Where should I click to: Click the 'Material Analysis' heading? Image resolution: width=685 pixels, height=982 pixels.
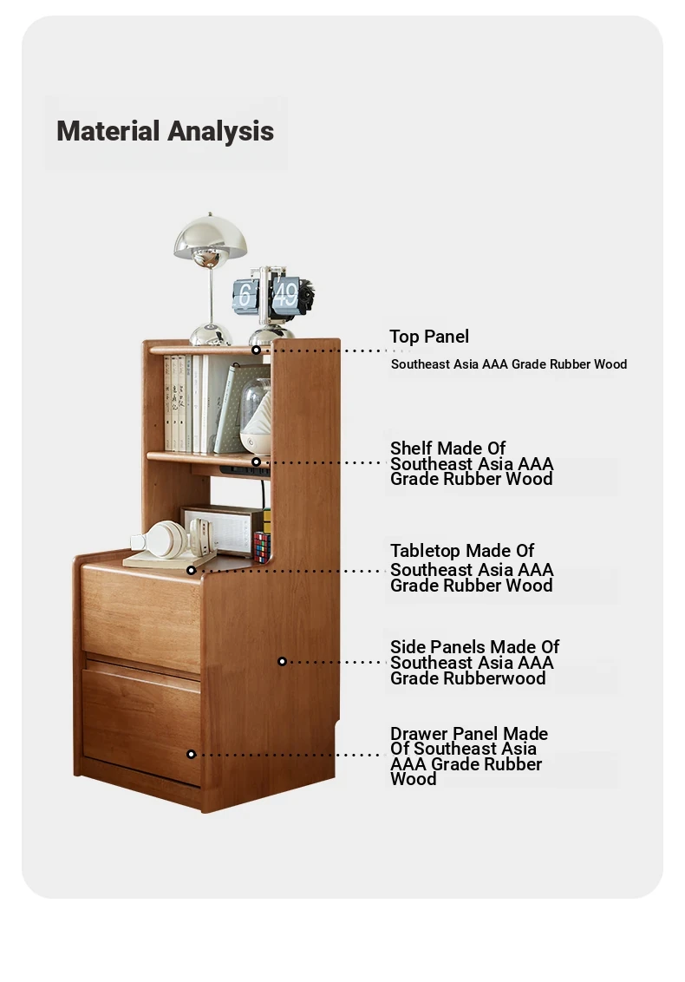coord(166,132)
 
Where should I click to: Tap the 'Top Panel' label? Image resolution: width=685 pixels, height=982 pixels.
coord(429,337)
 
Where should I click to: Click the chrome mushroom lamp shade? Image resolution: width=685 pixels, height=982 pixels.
coord(211,235)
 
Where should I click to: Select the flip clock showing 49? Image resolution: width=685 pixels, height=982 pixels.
coord(274,295)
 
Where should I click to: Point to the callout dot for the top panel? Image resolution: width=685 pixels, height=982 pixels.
coord(256,350)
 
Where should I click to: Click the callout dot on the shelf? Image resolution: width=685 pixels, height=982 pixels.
coord(256,462)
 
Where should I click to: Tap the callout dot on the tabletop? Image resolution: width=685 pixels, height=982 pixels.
coord(191,570)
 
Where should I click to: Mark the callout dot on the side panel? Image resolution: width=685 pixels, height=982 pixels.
coord(283,661)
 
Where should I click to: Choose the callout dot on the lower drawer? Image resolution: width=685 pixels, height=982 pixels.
coord(191,754)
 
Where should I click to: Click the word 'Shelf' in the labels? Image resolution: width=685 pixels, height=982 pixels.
coord(411,448)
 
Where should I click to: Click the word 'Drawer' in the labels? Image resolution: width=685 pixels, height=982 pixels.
coord(419,733)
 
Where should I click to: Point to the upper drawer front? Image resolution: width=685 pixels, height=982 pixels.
coord(140,617)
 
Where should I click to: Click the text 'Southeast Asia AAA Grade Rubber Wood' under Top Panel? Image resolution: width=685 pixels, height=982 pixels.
coord(509,363)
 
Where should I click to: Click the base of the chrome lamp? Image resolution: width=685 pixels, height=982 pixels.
coord(211,335)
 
